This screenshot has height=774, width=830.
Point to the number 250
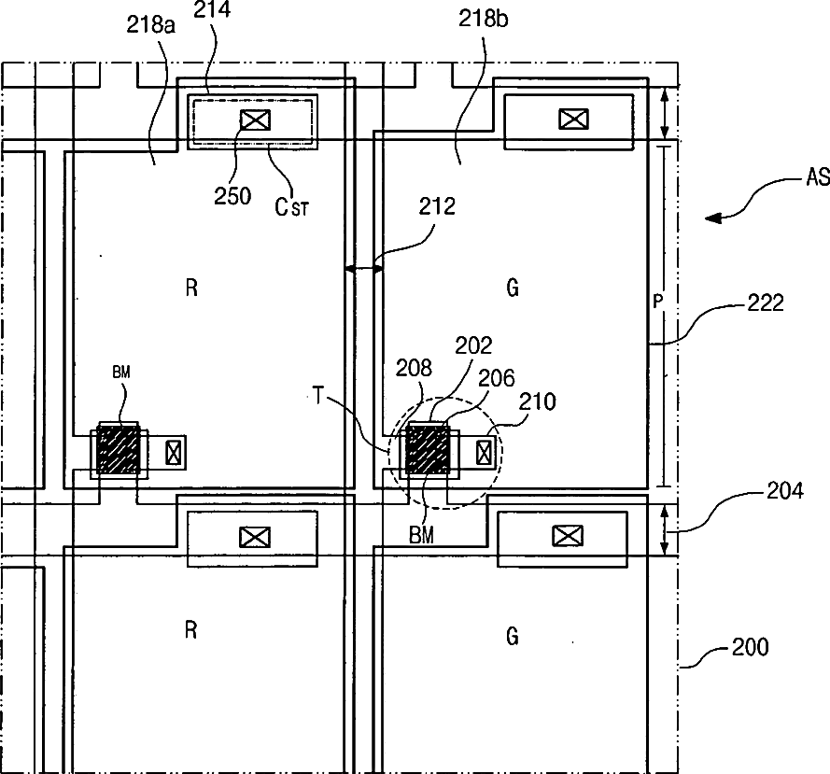point(232,195)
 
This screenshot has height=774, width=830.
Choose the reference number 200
point(750,645)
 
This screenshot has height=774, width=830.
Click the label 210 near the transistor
point(538,401)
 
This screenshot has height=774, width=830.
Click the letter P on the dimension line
point(658,303)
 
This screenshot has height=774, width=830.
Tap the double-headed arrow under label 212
point(363,269)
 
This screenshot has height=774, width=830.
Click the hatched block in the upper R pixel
point(119,453)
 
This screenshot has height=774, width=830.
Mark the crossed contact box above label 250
point(252,120)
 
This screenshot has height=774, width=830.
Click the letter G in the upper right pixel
point(512,288)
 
